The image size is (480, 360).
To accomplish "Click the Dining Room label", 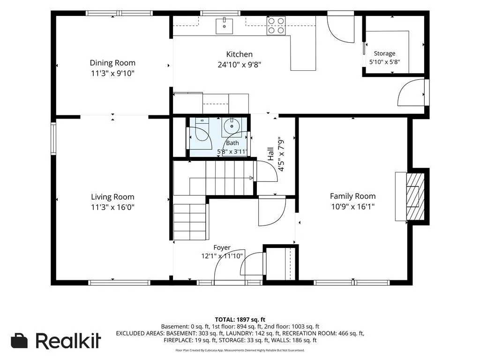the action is tap(112, 63).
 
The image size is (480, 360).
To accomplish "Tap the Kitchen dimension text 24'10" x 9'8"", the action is tap(240, 65).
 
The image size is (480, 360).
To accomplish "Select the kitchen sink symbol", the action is tap(225, 26).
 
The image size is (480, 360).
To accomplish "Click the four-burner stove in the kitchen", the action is tap(276, 26).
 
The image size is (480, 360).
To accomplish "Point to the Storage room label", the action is tap(384, 53).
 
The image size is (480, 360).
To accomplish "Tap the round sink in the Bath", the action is tap(232, 126).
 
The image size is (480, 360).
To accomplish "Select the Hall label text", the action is tap(270, 154).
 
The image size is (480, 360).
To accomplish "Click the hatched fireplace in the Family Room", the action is tap(415, 196).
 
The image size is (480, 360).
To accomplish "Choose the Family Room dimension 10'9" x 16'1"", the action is tap(352, 207).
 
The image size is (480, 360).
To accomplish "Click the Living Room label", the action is tap(112, 197).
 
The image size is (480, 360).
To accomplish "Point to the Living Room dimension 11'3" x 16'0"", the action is tap(112, 207).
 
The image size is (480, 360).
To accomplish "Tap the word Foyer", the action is tap(222, 247).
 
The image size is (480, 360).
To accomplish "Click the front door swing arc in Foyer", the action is tap(221, 261).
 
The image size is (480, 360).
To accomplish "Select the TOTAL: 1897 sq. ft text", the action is tap(240, 320).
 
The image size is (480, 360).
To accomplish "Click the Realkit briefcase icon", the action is tap(19, 341).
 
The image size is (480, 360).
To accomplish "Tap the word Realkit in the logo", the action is tap(68, 340).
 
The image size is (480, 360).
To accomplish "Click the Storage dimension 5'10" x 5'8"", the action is tap(384, 62).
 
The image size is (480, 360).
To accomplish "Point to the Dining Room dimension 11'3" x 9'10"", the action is tap(112, 74).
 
